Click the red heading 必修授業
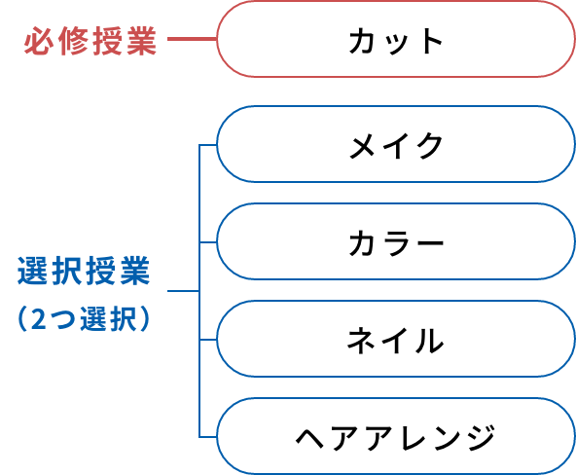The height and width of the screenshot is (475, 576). (90, 41)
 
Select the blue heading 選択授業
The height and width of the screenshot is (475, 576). (84, 271)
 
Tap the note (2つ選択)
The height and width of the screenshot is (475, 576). (84, 318)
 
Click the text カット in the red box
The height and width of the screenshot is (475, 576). (396, 41)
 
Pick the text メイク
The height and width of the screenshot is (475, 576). (396, 145)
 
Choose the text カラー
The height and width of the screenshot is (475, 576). (396, 242)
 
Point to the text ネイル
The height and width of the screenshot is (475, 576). (395, 340)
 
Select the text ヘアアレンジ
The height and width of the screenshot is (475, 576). (396, 438)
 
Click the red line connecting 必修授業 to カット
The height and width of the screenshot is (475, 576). (192, 39)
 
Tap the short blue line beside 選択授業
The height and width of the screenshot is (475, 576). (183, 291)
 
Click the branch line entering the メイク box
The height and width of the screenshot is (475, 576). (208, 145)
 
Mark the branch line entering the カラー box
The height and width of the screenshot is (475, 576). (208, 242)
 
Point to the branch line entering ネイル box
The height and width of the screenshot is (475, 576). (208, 340)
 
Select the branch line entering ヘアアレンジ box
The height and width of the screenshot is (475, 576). (208, 437)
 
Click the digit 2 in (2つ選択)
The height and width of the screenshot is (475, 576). (39, 319)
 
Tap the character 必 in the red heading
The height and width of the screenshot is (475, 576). (39, 41)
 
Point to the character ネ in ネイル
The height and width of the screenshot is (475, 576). (361, 340)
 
